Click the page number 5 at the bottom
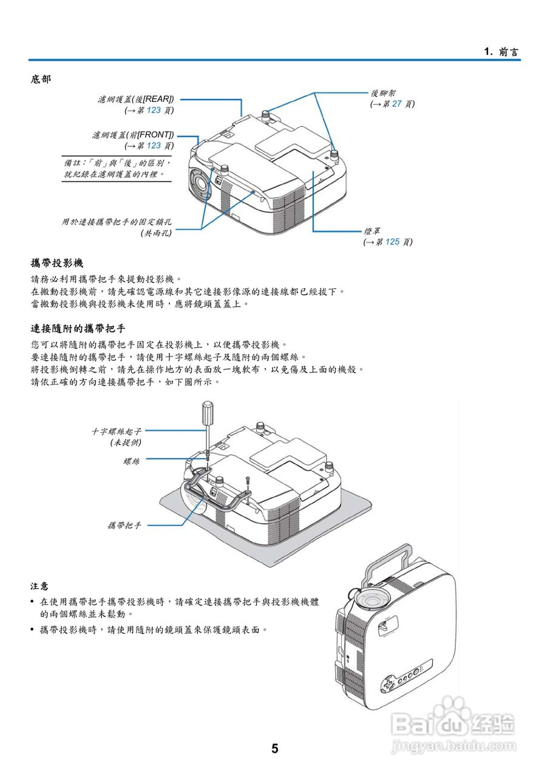pyautogui.click(x=275, y=748)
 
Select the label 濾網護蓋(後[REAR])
pyautogui.click(x=135, y=99)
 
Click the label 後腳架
pyautogui.click(x=384, y=93)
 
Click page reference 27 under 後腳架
pyautogui.click(x=396, y=104)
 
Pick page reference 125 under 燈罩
pyautogui.click(x=392, y=242)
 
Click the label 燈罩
pyautogui.click(x=372, y=231)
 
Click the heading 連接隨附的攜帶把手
pyautogui.click(x=78, y=328)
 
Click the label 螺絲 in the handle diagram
pyautogui.click(x=131, y=462)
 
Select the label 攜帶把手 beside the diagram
pyautogui.click(x=124, y=525)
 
